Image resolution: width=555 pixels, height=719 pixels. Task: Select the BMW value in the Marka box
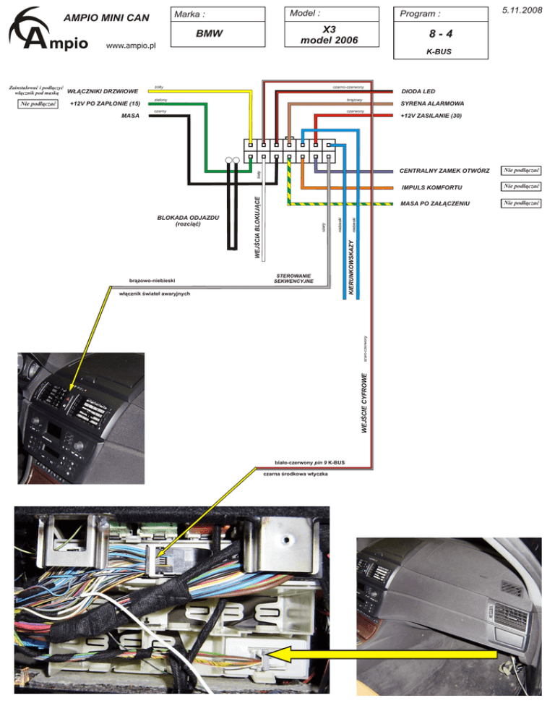(210, 34)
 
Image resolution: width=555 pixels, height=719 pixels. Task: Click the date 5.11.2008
(521, 11)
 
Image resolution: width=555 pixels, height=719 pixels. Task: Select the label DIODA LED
(418, 92)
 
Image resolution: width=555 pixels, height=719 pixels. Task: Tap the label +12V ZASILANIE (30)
(431, 116)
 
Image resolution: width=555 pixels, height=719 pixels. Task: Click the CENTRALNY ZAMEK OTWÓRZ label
(444, 171)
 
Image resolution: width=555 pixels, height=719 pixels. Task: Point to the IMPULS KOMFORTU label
(431, 187)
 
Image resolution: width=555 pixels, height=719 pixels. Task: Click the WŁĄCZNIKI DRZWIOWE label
(103, 92)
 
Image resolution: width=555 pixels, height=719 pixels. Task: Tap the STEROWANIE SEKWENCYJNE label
(293, 278)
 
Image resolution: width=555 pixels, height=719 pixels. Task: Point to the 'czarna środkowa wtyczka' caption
(296, 474)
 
